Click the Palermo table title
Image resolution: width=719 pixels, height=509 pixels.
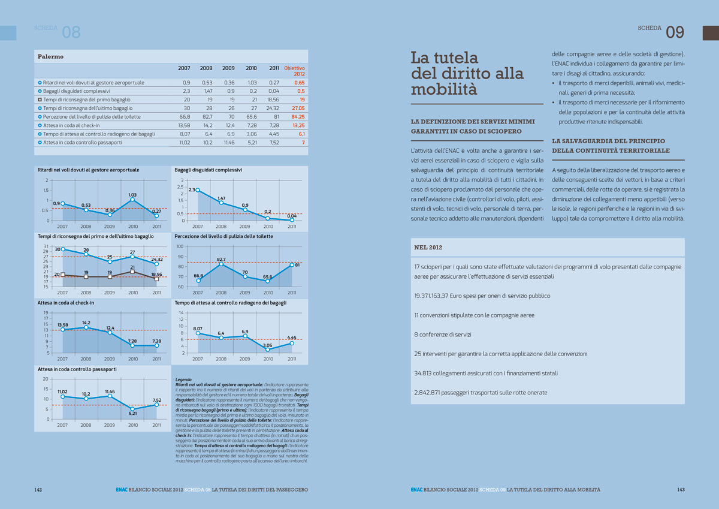click(51, 56)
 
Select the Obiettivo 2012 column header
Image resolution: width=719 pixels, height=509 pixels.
click(294, 71)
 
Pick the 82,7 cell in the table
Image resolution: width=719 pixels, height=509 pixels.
click(206, 116)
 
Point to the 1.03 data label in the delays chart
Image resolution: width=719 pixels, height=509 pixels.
click(133, 195)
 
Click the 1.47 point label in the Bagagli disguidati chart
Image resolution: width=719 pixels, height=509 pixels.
click(221, 198)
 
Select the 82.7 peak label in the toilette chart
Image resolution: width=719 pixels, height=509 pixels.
click(220, 260)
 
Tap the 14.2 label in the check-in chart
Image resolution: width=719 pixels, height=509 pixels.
click(86, 323)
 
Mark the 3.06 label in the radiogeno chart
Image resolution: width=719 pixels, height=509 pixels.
click(268, 345)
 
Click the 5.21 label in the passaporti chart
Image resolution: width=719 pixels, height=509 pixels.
click(133, 413)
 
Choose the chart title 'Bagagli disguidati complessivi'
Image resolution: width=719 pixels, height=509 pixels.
click(209, 170)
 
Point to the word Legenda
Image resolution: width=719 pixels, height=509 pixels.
click(183, 380)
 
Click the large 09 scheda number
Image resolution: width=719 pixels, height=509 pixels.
click(675, 32)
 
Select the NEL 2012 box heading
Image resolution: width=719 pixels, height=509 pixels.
click(428, 247)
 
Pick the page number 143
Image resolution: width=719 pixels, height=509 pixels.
click(681, 490)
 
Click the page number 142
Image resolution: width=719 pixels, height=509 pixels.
click(38, 490)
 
